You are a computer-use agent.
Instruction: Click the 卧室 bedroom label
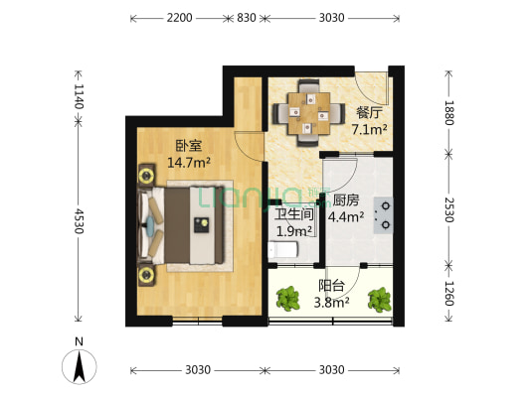[x=189, y=145]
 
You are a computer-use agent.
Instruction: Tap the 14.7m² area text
[x=189, y=163]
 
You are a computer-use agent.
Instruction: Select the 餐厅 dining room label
[x=370, y=113]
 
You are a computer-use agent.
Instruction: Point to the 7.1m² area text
[x=370, y=129]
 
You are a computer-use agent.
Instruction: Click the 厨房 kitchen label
[x=346, y=200]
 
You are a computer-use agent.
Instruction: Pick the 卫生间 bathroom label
[x=294, y=214]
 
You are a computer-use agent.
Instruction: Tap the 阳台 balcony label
[x=331, y=286]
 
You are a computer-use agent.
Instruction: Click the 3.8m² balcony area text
[x=331, y=303]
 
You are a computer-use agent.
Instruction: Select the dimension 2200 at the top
[x=179, y=18]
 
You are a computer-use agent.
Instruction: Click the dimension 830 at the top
[x=247, y=18]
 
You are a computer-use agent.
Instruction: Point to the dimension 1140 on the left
[x=79, y=96]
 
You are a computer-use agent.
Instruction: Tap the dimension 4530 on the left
[x=79, y=221]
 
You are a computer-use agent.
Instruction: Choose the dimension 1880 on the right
[x=448, y=113]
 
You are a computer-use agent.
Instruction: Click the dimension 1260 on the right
[x=448, y=294]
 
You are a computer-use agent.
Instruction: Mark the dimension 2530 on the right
[x=448, y=209]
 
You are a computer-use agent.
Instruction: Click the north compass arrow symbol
[x=80, y=366]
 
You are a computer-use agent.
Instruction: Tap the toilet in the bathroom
[x=283, y=250]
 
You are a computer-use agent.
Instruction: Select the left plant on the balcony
[x=288, y=299]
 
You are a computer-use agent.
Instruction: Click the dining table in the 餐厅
[x=309, y=113]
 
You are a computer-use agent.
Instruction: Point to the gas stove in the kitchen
[x=383, y=215]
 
